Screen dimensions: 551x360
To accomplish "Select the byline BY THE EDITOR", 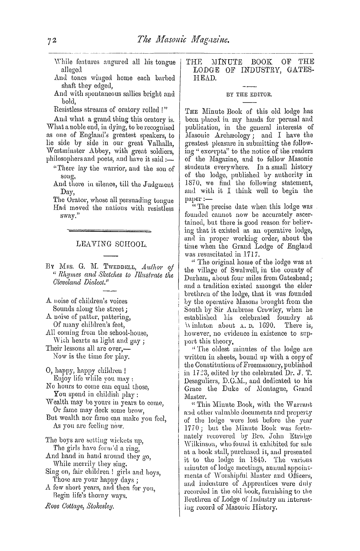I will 249,95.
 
